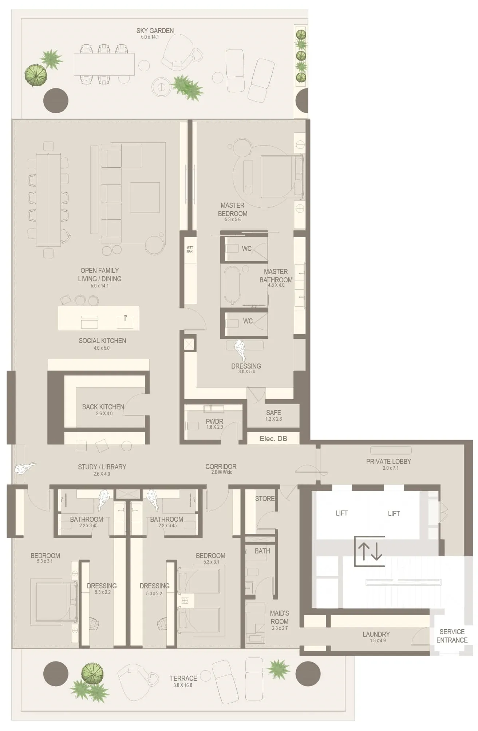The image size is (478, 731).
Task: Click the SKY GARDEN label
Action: pyautogui.click(x=155, y=31)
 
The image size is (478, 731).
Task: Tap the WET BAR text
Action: pyautogui.click(x=190, y=249)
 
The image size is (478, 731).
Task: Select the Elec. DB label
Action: pyautogui.click(x=273, y=438)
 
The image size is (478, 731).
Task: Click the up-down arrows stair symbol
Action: pyautogui.click(x=370, y=551)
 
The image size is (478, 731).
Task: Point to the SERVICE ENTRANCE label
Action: pyautogui.click(x=452, y=636)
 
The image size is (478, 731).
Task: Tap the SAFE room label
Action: pyautogui.click(x=273, y=413)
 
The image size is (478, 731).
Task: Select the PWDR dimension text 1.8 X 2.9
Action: pyautogui.click(x=214, y=427)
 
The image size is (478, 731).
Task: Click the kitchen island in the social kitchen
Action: pyautogui.click(x=98, y=318)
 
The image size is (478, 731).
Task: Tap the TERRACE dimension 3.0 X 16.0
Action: pyautogui.click(x=183, y=685)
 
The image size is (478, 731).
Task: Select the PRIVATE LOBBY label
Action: pyautogui.click(x=388, y=461)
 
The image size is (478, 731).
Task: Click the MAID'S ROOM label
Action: pyautogui.click(x=279, y=617)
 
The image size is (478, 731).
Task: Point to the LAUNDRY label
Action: pyautogui.click(x=376, y=634)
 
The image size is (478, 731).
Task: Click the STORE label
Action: pyautogui.click(x=265, y=498)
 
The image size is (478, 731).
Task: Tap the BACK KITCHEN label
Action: pyautogui.click(x=103, y=407)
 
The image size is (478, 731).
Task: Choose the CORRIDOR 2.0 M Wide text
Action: pyautogui.click(x=221, y=469)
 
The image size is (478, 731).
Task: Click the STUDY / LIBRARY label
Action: pyautogui.click(x=102, y=467)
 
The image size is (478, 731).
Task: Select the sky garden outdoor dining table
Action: pyautogui.click(x=104, y=64)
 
